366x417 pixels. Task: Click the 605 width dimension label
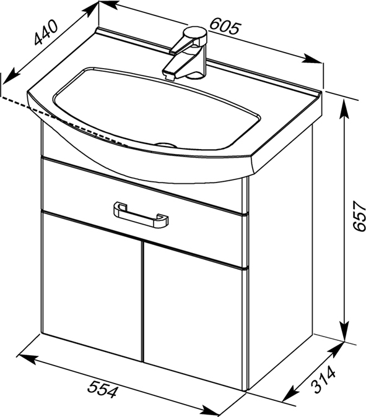point(225,26)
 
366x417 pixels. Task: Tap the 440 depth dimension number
point(46,32)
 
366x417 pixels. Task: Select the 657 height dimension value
point(359,216)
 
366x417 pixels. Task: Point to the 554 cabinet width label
point(103,389)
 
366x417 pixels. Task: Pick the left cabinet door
point(92,285)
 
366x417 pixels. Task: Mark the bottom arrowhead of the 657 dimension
point(345,331)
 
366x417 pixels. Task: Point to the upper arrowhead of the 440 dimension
point(90,11)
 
